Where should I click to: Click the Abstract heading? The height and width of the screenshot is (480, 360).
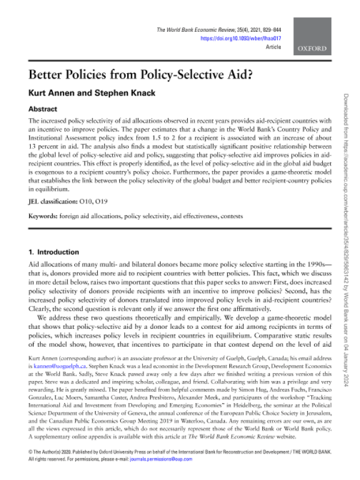tap(43, 109)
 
